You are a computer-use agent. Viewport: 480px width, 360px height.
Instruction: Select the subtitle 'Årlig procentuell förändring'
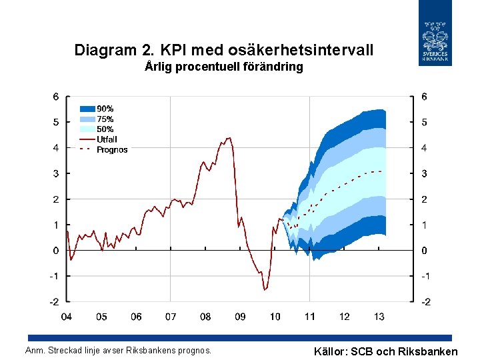(224, 67)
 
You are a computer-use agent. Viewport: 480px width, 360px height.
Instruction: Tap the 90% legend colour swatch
(88, 109)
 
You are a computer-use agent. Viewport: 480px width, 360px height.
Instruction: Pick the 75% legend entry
(105, 119)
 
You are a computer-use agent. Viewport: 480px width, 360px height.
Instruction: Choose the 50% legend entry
(105, 129)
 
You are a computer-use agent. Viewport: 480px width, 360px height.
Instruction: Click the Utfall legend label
(107, 139)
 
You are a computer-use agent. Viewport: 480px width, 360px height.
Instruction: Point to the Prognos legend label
(112, 150)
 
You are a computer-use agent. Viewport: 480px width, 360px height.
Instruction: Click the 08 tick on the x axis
(205, 317)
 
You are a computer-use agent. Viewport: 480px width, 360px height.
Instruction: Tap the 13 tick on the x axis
(379, 317)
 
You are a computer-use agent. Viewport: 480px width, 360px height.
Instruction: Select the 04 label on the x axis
(67, 317)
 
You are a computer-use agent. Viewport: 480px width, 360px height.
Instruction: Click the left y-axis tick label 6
(56, 96)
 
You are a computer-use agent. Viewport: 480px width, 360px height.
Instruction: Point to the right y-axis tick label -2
(425, 302)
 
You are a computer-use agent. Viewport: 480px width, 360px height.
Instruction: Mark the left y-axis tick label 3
(56, 173)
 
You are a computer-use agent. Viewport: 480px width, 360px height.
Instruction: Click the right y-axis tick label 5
(425, 122)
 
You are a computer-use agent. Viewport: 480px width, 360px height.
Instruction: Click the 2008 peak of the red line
(229, 138)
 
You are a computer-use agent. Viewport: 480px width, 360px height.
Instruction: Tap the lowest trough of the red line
(265, 290)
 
